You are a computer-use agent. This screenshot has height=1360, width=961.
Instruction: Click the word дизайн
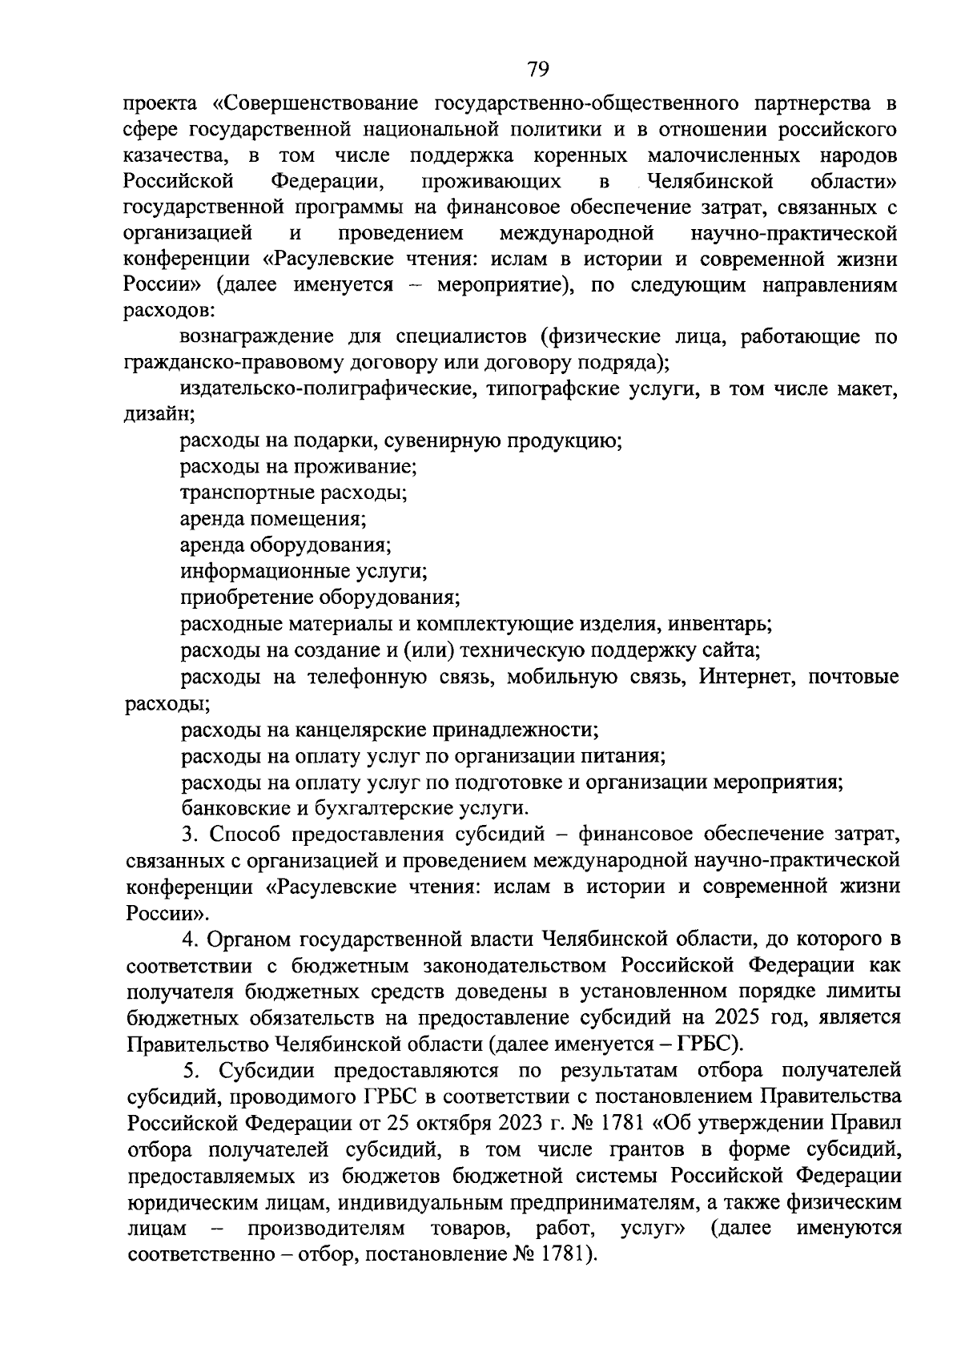click(159, 414)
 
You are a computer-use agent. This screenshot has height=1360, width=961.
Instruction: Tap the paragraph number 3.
click(189, 835)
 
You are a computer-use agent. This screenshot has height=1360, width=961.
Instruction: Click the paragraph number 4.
click(189, 938)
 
